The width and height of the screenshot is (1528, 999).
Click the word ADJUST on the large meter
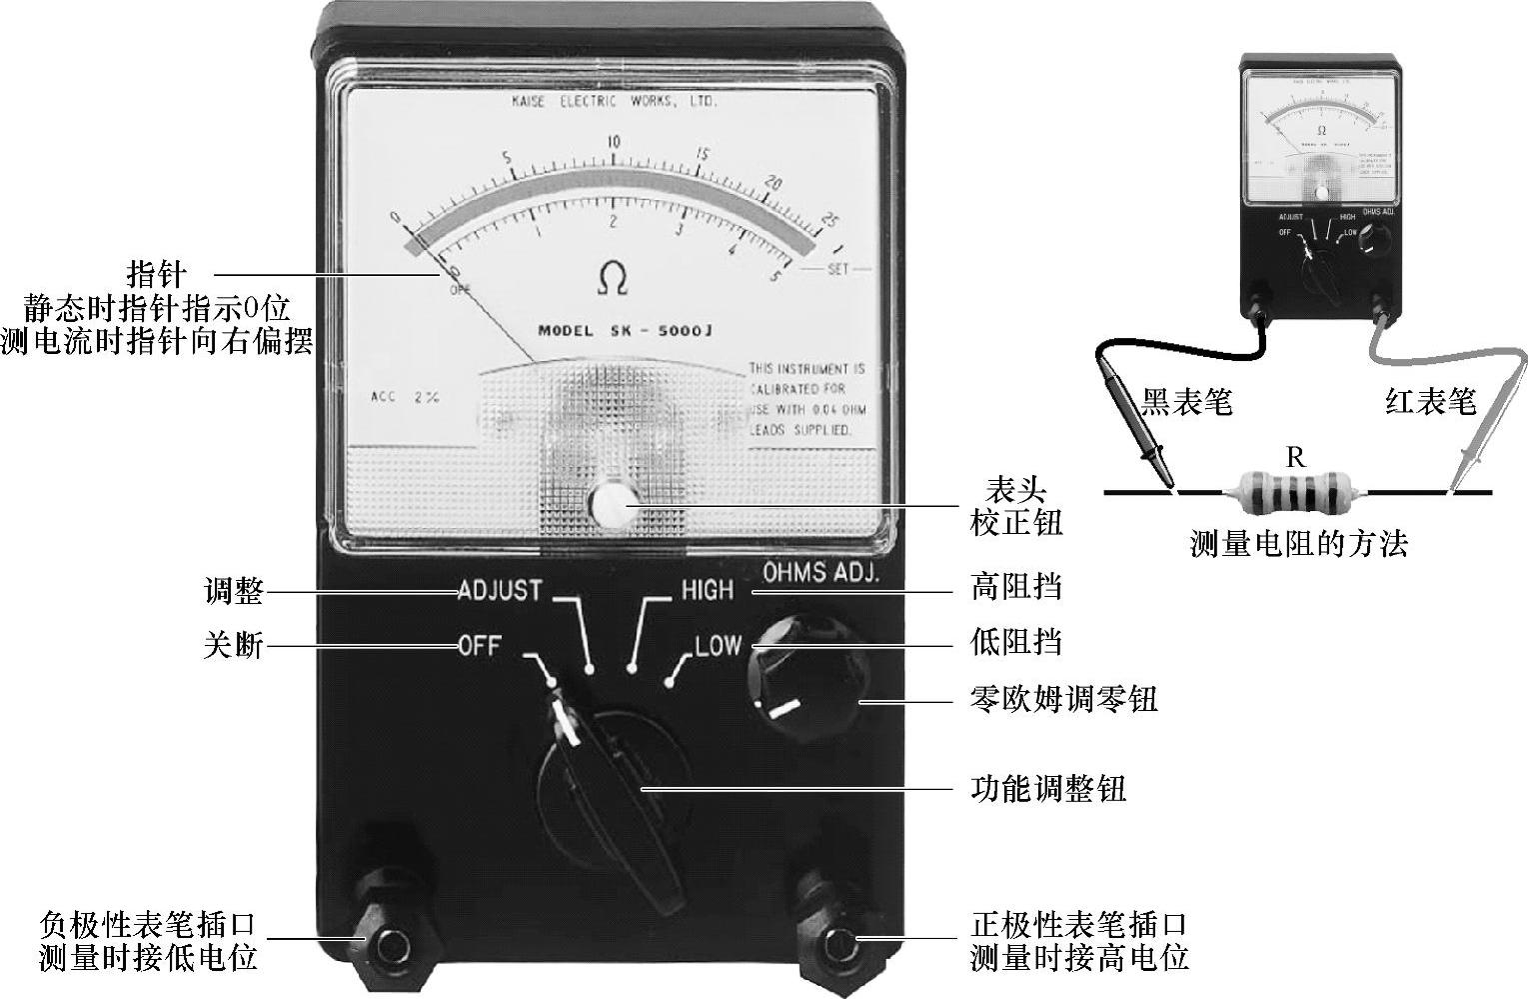(500, 590)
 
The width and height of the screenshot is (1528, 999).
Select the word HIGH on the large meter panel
(707, 590)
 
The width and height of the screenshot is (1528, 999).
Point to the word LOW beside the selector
(718, 645)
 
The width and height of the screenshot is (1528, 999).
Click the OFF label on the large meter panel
(480, 645)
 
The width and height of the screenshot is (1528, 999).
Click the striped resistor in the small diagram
(1295, 492)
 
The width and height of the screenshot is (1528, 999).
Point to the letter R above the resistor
(1295, 458)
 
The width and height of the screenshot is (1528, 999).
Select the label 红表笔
(1430, 402)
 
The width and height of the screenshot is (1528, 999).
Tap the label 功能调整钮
(1048, 789)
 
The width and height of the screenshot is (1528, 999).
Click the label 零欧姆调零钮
(1064, 698)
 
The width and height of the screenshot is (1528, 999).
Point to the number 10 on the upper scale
(613, 142)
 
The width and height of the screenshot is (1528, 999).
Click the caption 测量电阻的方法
(1298, 544)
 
